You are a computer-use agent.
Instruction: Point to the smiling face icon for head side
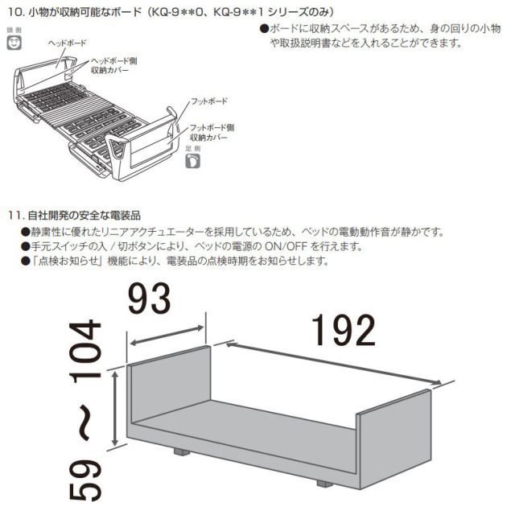point(14,44)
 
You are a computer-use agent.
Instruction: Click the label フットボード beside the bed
point(209,102)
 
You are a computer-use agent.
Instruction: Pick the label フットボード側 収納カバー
point(212,132)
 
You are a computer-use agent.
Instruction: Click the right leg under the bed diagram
point(323,484)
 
